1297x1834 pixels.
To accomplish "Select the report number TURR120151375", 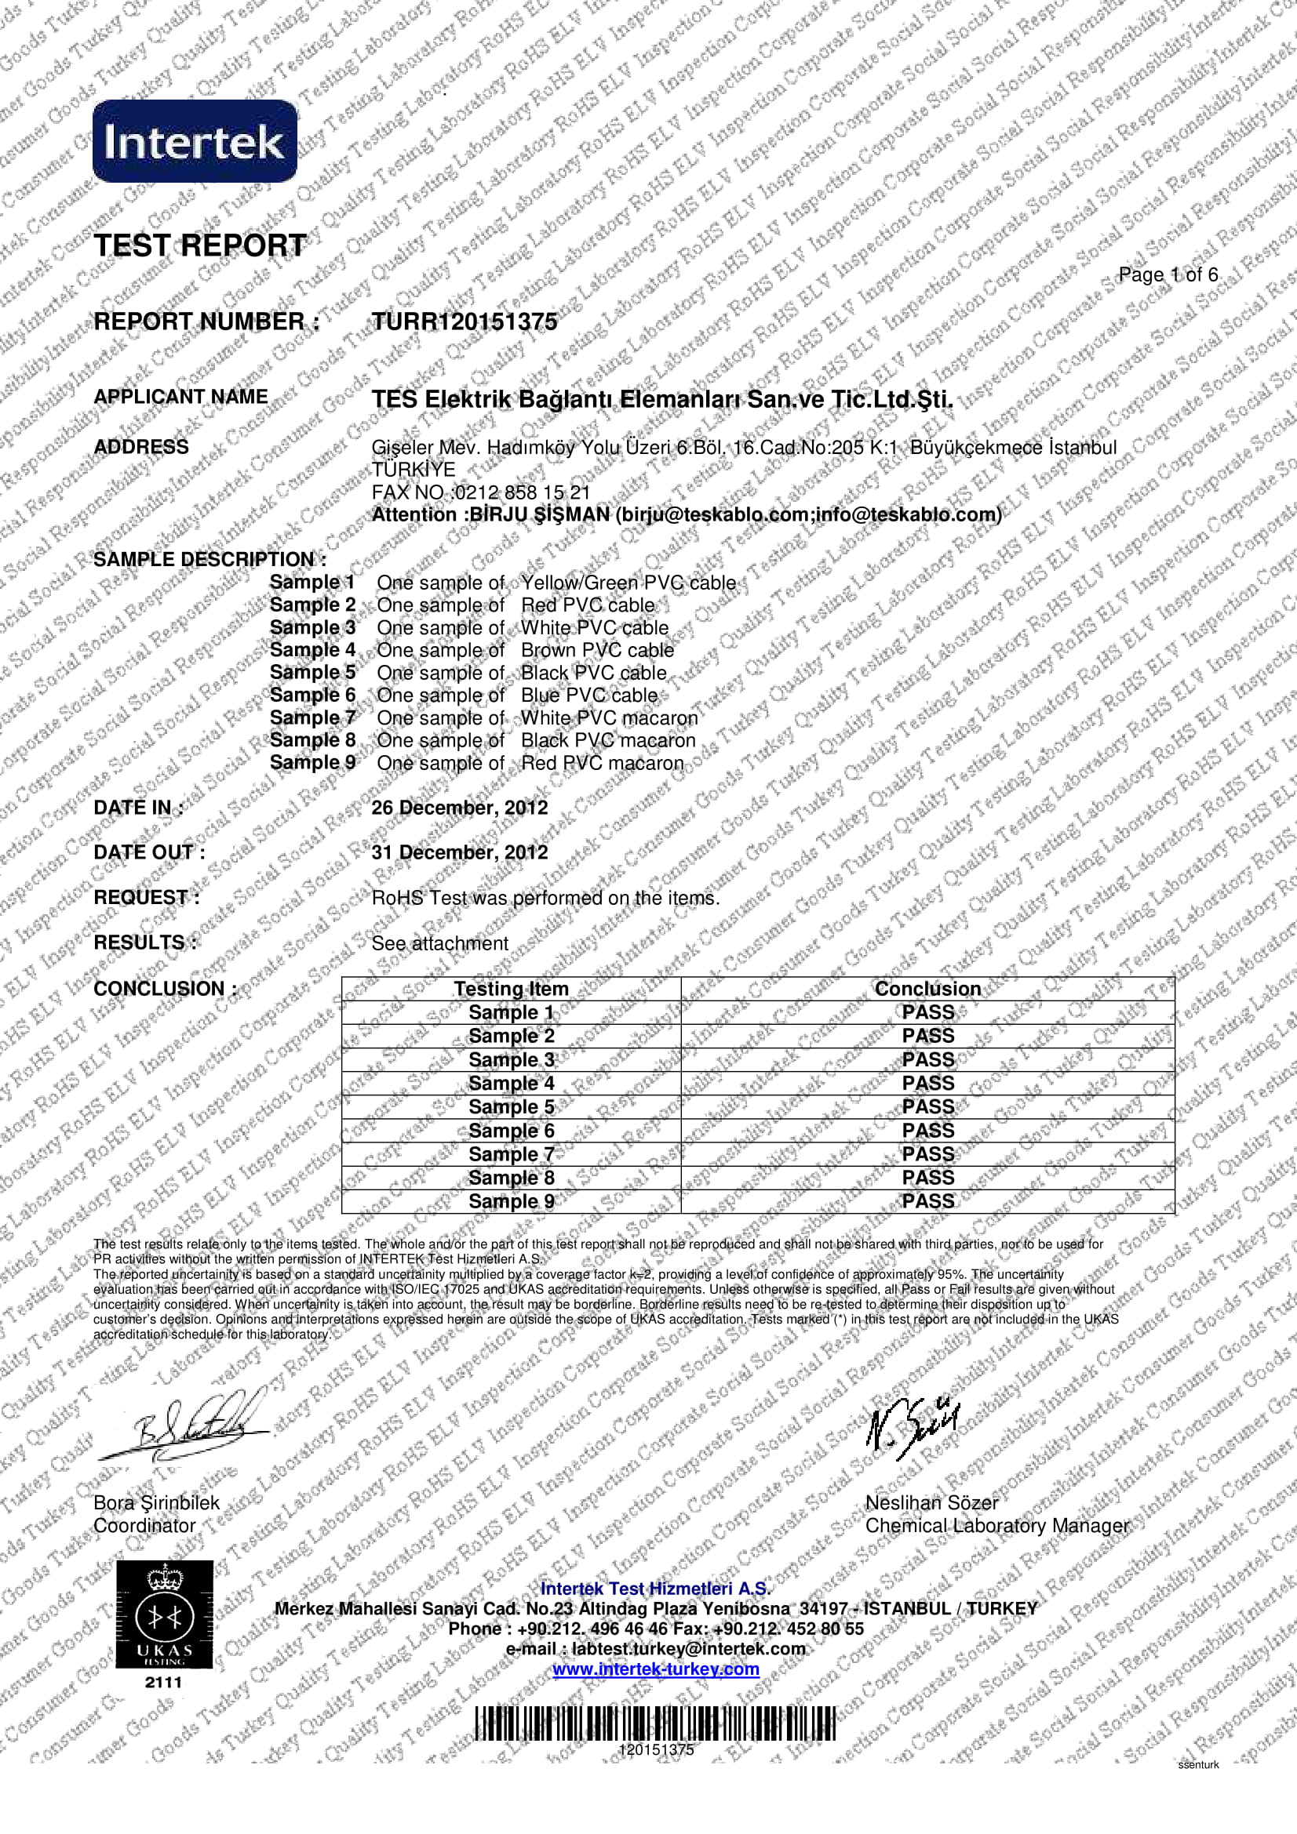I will click(465, 322).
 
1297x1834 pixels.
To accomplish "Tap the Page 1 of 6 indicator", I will click(1168, 274).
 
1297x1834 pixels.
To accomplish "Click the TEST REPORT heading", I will click(200, 245).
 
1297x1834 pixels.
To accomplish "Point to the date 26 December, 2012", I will click(460, 808).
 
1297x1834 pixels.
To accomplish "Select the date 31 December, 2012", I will click(460, 852).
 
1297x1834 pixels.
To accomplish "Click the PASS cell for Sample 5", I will click(927, 1106).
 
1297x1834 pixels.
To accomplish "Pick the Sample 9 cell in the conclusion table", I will click(512, 1201).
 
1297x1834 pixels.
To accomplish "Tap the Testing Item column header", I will click(512, 989).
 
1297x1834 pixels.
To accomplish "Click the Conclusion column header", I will click(927, 989).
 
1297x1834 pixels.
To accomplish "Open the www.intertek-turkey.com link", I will click(655, 1669).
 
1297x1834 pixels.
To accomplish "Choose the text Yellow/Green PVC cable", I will click(628, 583).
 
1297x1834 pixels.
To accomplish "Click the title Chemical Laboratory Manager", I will click(996, 1526).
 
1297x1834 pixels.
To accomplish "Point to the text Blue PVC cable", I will click(589, 695).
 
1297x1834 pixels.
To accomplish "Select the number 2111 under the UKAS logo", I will click(164, 1683).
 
